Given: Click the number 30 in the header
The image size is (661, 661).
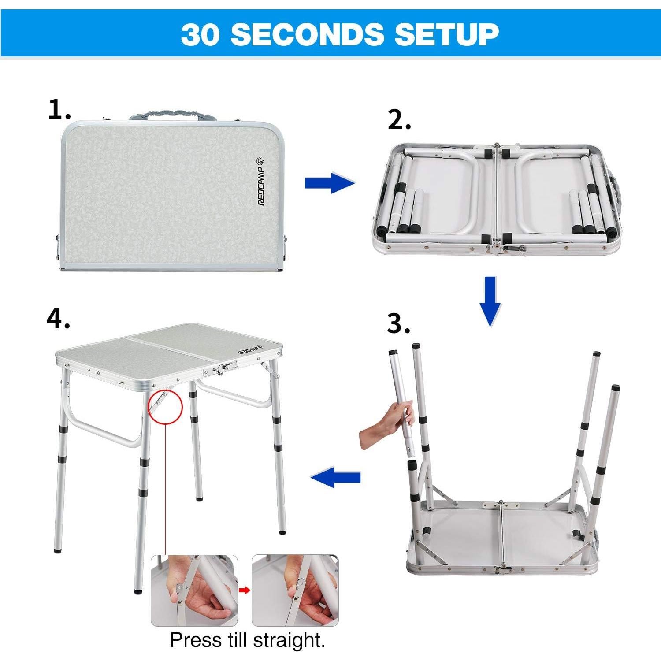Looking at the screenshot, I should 201,34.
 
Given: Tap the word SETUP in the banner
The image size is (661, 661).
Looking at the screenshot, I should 446,34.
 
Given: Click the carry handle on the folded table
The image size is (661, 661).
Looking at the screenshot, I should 173,115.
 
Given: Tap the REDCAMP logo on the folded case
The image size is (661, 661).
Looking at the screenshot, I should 261,180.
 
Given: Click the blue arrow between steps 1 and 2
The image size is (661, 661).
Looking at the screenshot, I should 330,183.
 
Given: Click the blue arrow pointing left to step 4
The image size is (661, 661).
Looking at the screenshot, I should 336,477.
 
